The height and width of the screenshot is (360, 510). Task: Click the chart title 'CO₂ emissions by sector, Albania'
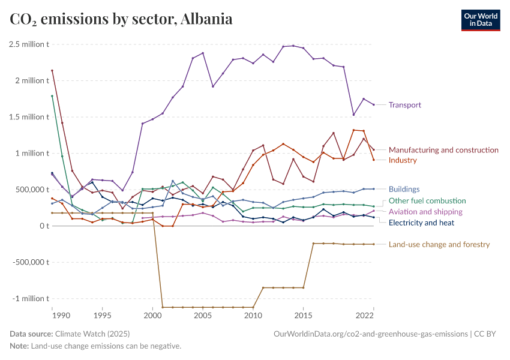pyautogui.click(x=121, y=19)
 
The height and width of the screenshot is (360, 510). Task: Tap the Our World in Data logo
pyautogui.click(x=480, y=20)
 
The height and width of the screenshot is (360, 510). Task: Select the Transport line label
pyautogui.click(x=404, y=105)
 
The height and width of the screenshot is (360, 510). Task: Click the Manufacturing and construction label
pyautogui.click(x=443, y=150)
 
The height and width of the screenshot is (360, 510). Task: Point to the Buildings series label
pyautogui.click(x=404, y=189)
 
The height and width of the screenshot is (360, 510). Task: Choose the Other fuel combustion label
pyautogui.click(x=427, y=200)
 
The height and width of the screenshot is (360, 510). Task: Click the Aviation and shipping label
pyautogui.click(x=425, y=212)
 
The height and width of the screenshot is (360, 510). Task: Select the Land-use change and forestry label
pyautogui.click(x=439, y=244)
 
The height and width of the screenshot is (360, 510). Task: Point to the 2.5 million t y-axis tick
pyautogui.click(x=29, y=44)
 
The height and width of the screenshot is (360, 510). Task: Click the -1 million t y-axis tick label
pyautogui.click(x=29, y=299)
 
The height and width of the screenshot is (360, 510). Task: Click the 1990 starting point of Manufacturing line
pyautogui.click(x=52, y=71)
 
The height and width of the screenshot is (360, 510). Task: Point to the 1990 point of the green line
pyautogui.click(x=52, y=96)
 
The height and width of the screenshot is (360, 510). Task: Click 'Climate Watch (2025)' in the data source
pyautogui.click(x=92, y=334)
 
